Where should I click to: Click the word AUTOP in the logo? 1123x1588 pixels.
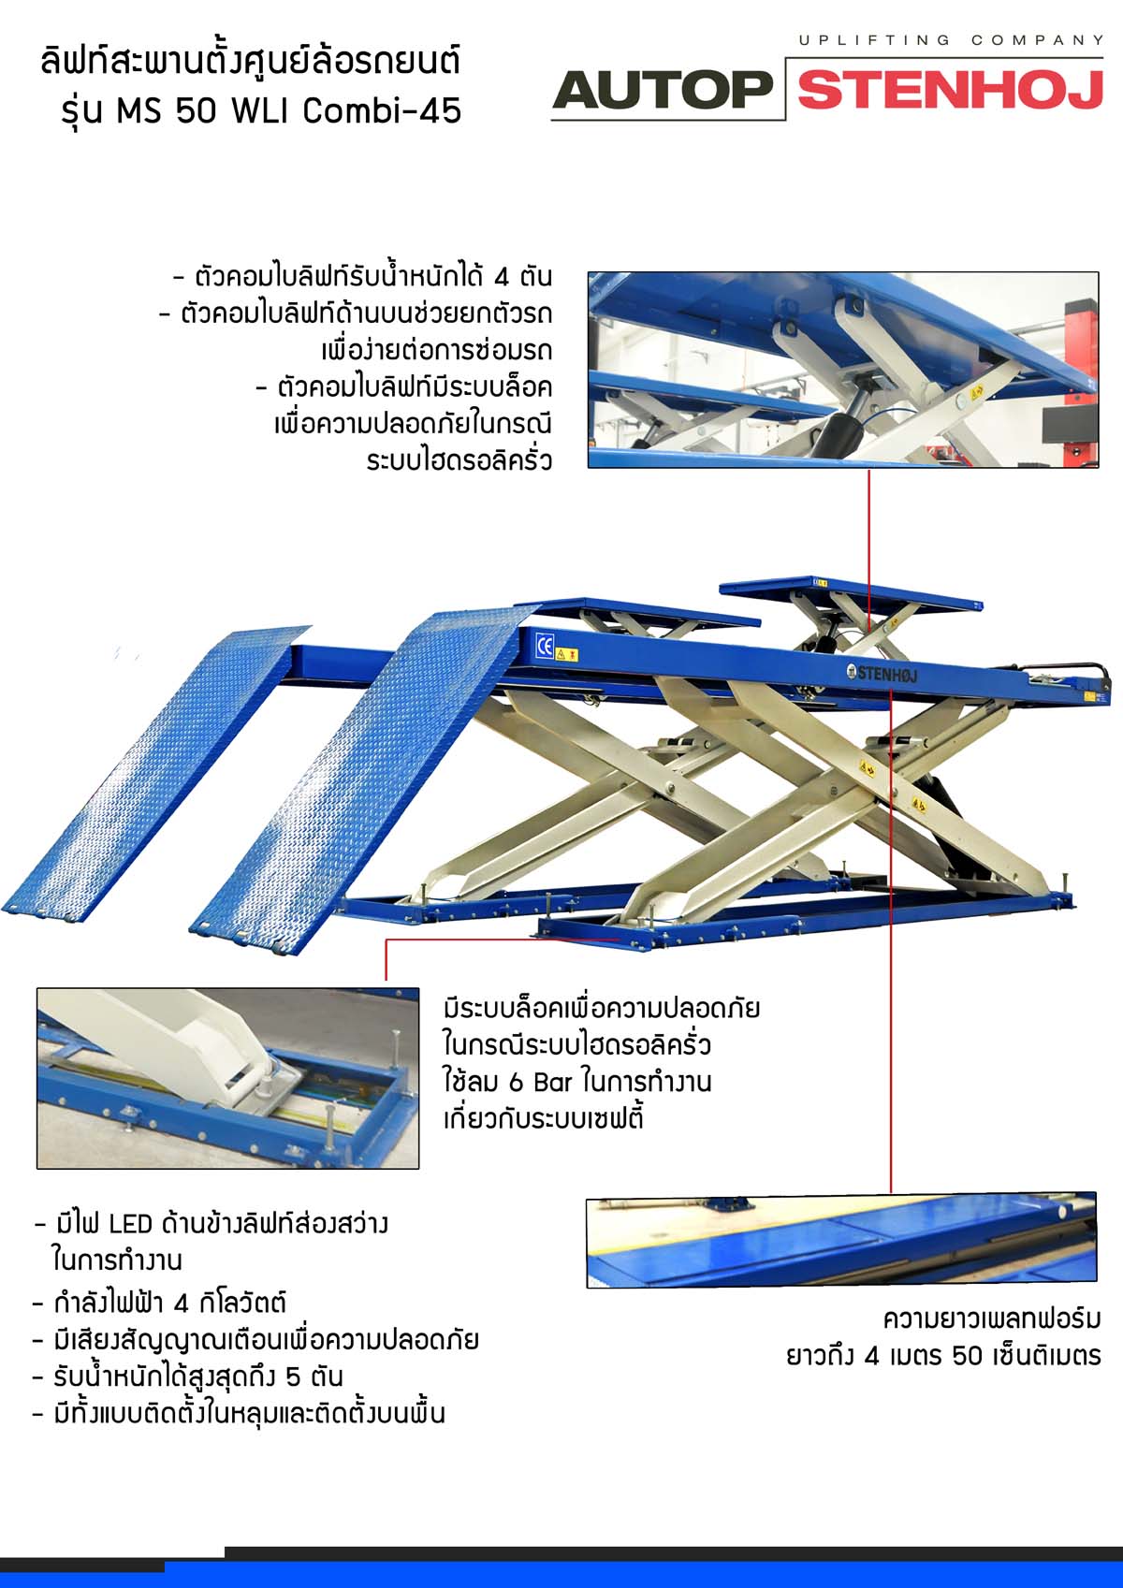point(663,90)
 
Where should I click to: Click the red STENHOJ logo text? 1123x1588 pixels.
point(950,90)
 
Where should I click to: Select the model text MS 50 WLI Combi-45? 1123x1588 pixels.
point(289,110)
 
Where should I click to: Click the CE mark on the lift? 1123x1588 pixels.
point(545,646)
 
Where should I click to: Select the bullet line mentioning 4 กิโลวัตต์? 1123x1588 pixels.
point(159,1303)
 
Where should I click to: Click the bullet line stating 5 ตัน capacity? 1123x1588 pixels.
point(188,1377)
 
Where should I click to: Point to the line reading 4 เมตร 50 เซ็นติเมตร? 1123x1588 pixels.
point(943,1356)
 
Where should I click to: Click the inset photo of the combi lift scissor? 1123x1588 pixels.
point(843,370)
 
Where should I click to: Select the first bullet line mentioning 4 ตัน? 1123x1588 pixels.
point(363,276)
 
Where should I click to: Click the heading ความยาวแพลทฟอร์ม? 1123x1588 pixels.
point(992,1319)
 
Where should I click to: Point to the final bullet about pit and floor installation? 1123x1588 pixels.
point(239,1414)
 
